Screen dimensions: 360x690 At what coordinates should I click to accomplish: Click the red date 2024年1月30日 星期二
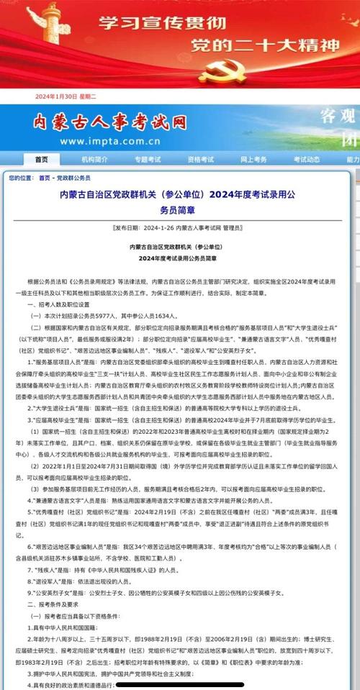click(x=66, y=97)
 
